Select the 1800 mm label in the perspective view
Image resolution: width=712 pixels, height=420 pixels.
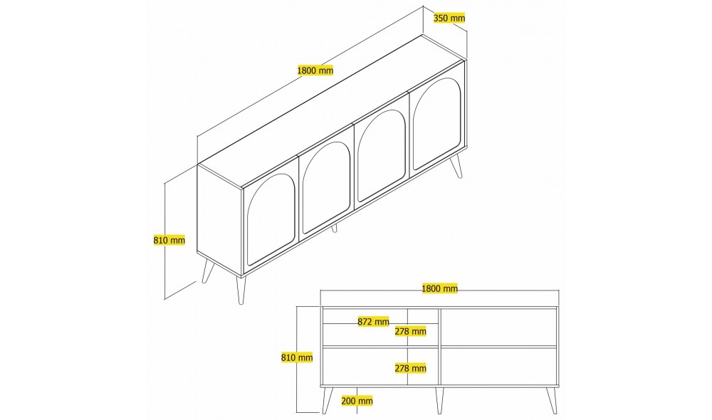click(315, 70)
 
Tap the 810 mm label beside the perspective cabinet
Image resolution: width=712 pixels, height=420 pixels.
click(169, 240)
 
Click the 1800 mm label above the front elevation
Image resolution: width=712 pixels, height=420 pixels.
click(439, 288)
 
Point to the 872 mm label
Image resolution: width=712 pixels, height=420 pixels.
click(373, 322)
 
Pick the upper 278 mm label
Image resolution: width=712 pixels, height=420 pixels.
click(410, 331)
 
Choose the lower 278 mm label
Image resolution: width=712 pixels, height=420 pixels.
click(410, 368)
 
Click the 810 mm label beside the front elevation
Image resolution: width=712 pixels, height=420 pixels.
click(297, 357)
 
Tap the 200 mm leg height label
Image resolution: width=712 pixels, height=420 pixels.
click(357, 401)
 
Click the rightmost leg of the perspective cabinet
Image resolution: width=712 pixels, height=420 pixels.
click(457, 166)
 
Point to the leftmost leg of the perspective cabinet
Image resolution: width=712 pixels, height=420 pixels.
click(208, 271)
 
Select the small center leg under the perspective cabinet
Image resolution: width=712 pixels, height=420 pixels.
click(334, 229)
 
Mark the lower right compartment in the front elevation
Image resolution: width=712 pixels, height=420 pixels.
click(498, 367)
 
